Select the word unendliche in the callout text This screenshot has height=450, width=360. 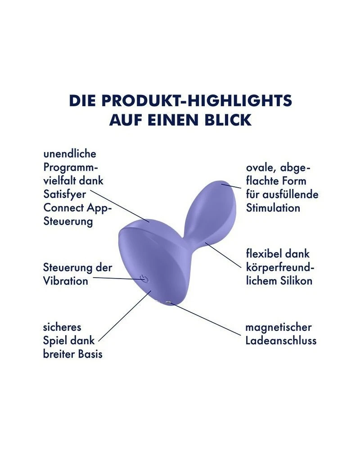pyautogui.click(x=70, y=154)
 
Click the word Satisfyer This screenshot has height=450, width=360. pyautogui.click(x=65, y=194)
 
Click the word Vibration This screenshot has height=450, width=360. pyautogui.click(x=66, y=281)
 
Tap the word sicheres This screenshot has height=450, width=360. pyautogui.click(x=62, y=327)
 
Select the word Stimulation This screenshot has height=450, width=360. pyautogui.click(x=273, y=208)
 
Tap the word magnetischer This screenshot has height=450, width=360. pyautogui.click(x=279, y=327)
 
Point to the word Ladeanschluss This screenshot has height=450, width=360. pyautogui.click(x=281, y=340)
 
